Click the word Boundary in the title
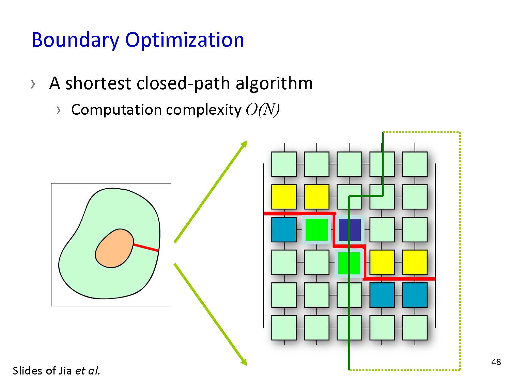75,40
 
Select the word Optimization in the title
184,40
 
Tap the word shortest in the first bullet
98,83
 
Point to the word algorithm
274,84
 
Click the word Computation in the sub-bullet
117,110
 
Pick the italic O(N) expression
262,110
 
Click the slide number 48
496,362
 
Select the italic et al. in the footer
88,371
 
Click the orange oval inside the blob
114,249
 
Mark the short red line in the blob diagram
146,248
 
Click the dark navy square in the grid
350,230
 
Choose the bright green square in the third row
316,230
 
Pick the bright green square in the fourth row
349,263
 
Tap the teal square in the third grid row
284,229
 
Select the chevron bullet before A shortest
33,84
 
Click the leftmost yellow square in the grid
284,197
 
